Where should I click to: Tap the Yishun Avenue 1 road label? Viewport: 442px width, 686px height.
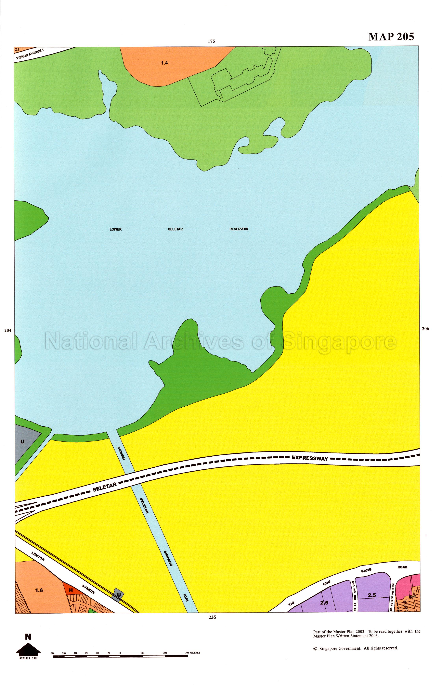point(30,54)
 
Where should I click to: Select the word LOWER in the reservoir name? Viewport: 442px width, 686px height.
point(116,230)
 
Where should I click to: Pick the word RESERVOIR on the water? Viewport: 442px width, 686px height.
point(239,229)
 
